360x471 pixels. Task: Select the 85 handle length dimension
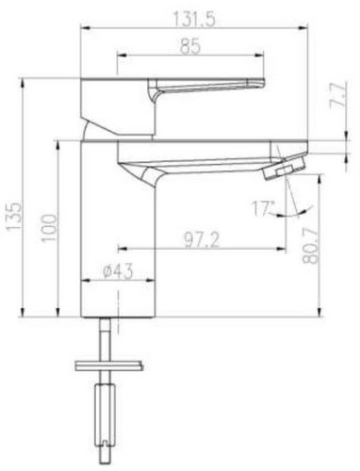click(190, 47)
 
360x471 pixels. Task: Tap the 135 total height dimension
click(14, 217)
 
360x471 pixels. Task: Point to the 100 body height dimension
click(49, 228)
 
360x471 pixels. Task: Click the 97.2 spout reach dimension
click(202, 240)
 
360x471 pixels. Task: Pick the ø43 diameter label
click(118, 271)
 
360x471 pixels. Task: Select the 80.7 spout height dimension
click(310, 246)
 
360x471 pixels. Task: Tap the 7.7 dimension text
click(338, 95)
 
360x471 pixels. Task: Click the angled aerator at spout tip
click(284, 166)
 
